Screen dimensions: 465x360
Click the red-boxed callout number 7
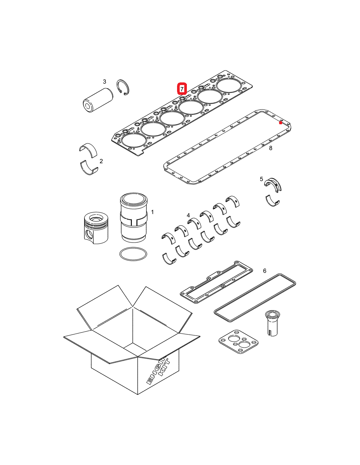click(182, 89)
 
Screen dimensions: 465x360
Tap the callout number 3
click(104, 81)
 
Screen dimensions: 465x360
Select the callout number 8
click(271, 148)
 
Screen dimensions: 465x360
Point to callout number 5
click(261, 179)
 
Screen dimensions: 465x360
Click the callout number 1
click(152, 212)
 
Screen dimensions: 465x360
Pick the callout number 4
click(188, 215)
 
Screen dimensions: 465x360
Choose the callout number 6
click(264, 271)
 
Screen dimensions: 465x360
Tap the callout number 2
click(101, 161)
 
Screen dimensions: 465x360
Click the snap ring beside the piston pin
click(123, 88)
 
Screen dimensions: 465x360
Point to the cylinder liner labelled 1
click(134, 217)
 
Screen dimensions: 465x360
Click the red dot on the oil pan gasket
click(280, 123)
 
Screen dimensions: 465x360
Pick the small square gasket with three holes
click(238, 342)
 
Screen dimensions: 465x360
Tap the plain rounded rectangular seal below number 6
click(255, 298)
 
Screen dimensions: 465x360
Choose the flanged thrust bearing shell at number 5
click(273, 185)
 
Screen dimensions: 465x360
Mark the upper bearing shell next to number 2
click(88, 149)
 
